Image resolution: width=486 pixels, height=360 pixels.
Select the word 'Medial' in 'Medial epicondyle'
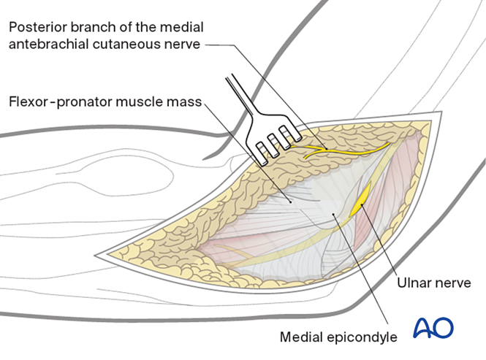(302, 337)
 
